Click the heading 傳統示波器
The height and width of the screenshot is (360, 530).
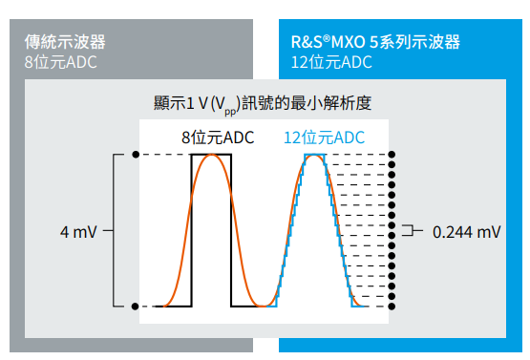65,42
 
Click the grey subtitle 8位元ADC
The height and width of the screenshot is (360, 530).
60,62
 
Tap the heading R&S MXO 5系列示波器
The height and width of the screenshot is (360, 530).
375,42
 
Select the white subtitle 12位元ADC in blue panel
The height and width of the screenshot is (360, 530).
331,62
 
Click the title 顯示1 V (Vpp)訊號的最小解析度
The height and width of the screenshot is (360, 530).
263,104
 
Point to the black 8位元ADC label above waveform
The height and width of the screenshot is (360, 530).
218,138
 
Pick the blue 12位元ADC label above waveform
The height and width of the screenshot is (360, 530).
324,138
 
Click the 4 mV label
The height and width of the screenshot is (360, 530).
78,232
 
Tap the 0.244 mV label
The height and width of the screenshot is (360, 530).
466,232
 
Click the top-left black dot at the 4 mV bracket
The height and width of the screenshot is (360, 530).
136,155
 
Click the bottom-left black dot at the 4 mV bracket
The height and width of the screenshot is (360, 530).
135,307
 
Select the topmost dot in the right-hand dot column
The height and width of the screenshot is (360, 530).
392,155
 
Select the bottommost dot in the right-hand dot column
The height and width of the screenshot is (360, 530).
392,307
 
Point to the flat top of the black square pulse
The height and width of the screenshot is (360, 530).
212,155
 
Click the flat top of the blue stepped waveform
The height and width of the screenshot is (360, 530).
315,155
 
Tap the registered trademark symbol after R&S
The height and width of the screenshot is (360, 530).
327,38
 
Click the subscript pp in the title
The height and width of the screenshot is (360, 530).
230,112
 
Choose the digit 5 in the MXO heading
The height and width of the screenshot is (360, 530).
372,42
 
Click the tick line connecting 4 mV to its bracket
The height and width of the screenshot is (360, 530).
108,230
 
